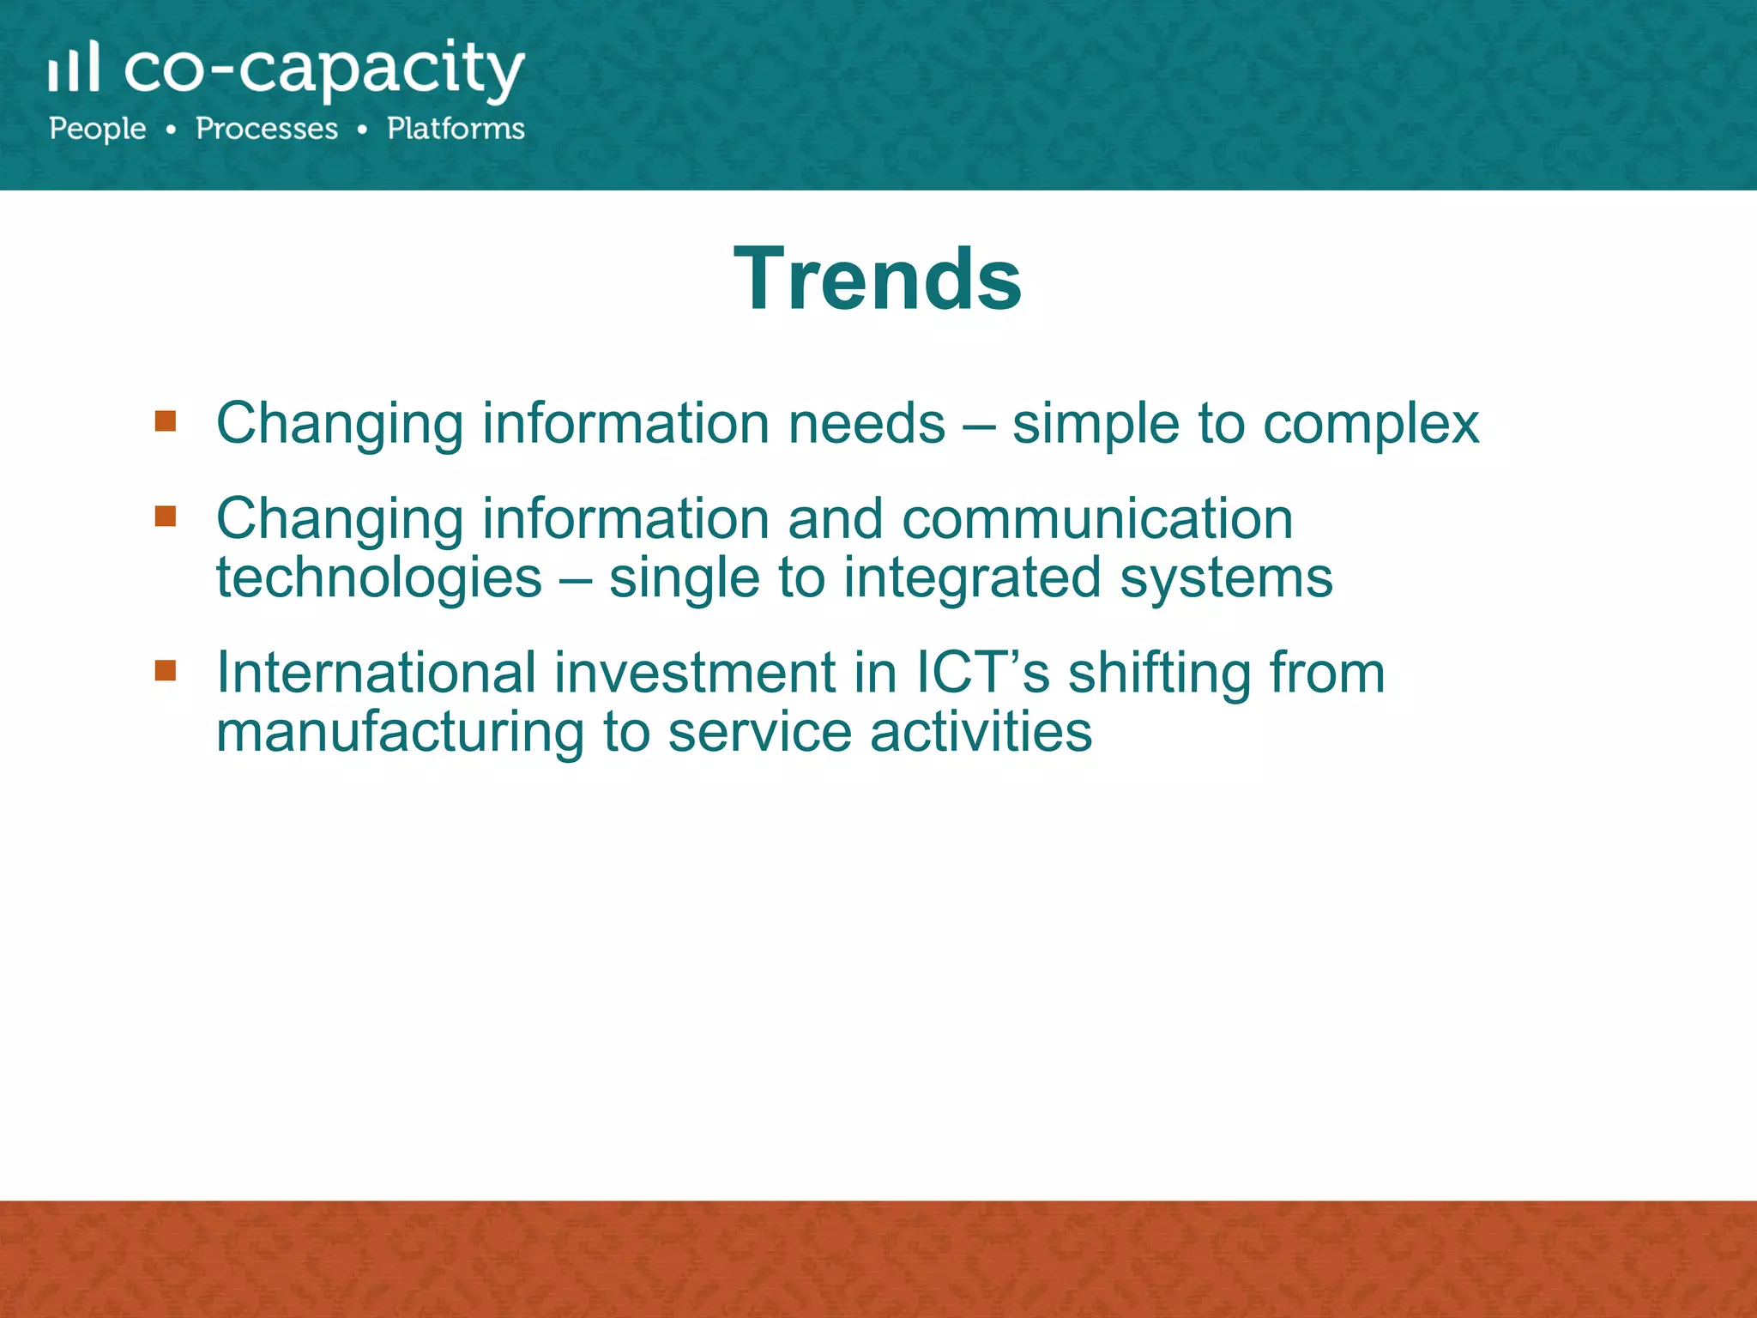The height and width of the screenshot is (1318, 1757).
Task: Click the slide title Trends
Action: pos(878,279)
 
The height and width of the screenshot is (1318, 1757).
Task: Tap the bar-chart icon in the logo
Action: pos(74,67)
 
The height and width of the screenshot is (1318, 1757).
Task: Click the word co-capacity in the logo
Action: pos(324,69)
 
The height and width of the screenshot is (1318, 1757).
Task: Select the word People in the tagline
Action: pos(98,129)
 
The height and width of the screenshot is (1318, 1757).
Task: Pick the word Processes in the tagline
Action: pos(267,129)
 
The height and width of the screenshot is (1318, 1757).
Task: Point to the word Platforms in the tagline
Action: pos(456,129)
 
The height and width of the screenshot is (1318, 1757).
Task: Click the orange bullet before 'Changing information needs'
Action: pos(166,420)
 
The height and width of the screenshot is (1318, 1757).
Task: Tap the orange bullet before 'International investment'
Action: pos(166,669)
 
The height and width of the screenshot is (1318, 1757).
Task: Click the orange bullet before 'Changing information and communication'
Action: pos(166,516)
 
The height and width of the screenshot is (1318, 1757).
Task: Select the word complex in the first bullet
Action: pos(1371,424)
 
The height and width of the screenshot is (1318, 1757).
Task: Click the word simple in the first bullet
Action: pos(1096,424)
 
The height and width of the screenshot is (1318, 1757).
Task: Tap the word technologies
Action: pos(378,577)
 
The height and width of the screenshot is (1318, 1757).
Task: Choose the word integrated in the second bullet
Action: pos(971,579)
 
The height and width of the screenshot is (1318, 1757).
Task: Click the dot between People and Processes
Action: pos(172,130)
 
